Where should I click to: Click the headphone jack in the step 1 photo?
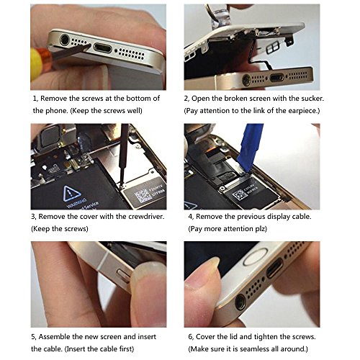coord(65,40)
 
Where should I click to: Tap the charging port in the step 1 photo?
coord(103,48)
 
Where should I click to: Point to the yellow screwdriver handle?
coord(36,64)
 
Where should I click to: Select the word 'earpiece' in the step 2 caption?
coord(303,111)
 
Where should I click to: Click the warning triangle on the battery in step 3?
coord(72,193)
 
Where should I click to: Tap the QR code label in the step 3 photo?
coord(143,195)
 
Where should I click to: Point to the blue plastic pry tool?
coord(251,147)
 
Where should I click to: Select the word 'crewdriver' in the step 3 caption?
coord(145,217)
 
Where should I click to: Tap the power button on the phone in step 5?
coord(123,276)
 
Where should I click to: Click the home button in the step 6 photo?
coord(255,256)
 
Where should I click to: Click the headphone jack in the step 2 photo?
coord(246,80)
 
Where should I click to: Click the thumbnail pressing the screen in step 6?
coord(212,263)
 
